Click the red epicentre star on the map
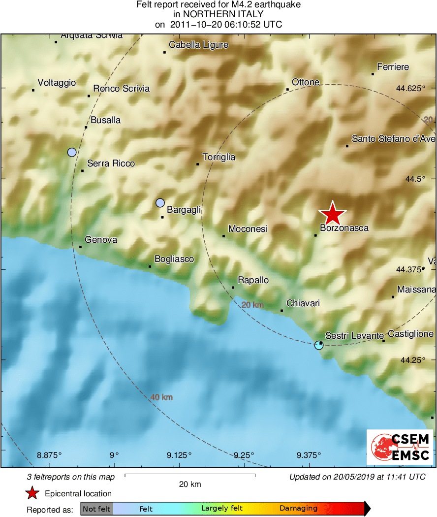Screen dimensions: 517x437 (x=333, y=214)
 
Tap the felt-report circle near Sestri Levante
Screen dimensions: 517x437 (x=319, y=345)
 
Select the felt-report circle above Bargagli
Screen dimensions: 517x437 (x=160, y=202)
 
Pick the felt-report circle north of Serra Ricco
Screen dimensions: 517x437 (x=72, y=152)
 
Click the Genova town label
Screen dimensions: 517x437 (x=101, y=240)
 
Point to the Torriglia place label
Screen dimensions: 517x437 (x=218, y=157)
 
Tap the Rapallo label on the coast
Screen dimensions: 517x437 (x=253, y=280)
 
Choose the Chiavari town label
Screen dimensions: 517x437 (x=303, y=303)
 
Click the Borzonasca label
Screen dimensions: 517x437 (x=344, y=228)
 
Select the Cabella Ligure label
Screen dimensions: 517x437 (x=198, y=45)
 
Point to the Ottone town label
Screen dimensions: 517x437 (x=306, y=82)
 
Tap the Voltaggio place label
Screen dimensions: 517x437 (x=57, y=83)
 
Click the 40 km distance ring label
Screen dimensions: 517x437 (x=162, y=397)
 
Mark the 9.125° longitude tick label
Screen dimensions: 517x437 (x=179, y=455)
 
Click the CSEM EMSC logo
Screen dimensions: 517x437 (x=400, y=447)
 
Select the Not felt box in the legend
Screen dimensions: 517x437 (x=96, y=509)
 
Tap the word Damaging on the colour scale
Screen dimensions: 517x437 (x=298, y=509)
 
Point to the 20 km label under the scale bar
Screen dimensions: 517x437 (x=190, y=484)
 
